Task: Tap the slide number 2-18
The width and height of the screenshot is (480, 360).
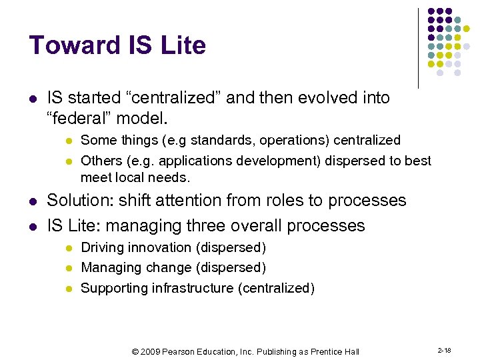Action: click(x=444, y=349)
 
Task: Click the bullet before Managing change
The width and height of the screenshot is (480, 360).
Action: click(x=67, y=268)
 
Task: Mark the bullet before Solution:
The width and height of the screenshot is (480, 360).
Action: click(x=32, y=201)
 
